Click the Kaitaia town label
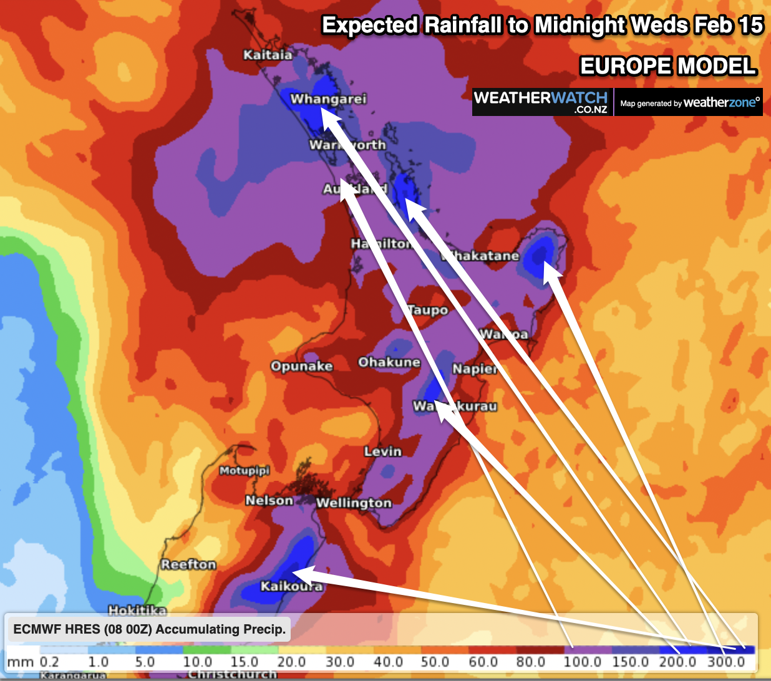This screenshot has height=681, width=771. (x=268, y=55)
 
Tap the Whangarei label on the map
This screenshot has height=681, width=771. (x=328, y=99)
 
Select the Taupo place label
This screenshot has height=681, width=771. (x=428, y=310)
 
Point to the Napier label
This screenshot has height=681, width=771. (x=475, y=369)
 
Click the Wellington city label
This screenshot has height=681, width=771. (x=354, y=503)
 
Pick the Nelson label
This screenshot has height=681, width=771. (x=269, y=500)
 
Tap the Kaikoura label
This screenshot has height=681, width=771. (x=291, y=586)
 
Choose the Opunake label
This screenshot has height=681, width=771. (x=301, y=366)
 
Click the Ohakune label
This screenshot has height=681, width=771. (x=389, y=362)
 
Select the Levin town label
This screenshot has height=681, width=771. (x=383, y=451)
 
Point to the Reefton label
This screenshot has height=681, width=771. (x=188, y=564)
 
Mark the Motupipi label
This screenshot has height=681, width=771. (x=244, y=470)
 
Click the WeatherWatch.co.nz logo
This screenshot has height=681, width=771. (x=540, y=102)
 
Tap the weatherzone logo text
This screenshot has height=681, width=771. (x=722, y=103)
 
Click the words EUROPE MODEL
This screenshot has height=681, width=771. (x=668, y=65)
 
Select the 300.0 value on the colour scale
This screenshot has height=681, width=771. (x=726, y=662)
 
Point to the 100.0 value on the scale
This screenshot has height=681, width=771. (x=583, y=662)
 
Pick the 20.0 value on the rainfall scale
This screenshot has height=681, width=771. (x=291, y=662)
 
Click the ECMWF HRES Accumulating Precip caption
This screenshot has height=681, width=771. (x=149, y=629)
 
